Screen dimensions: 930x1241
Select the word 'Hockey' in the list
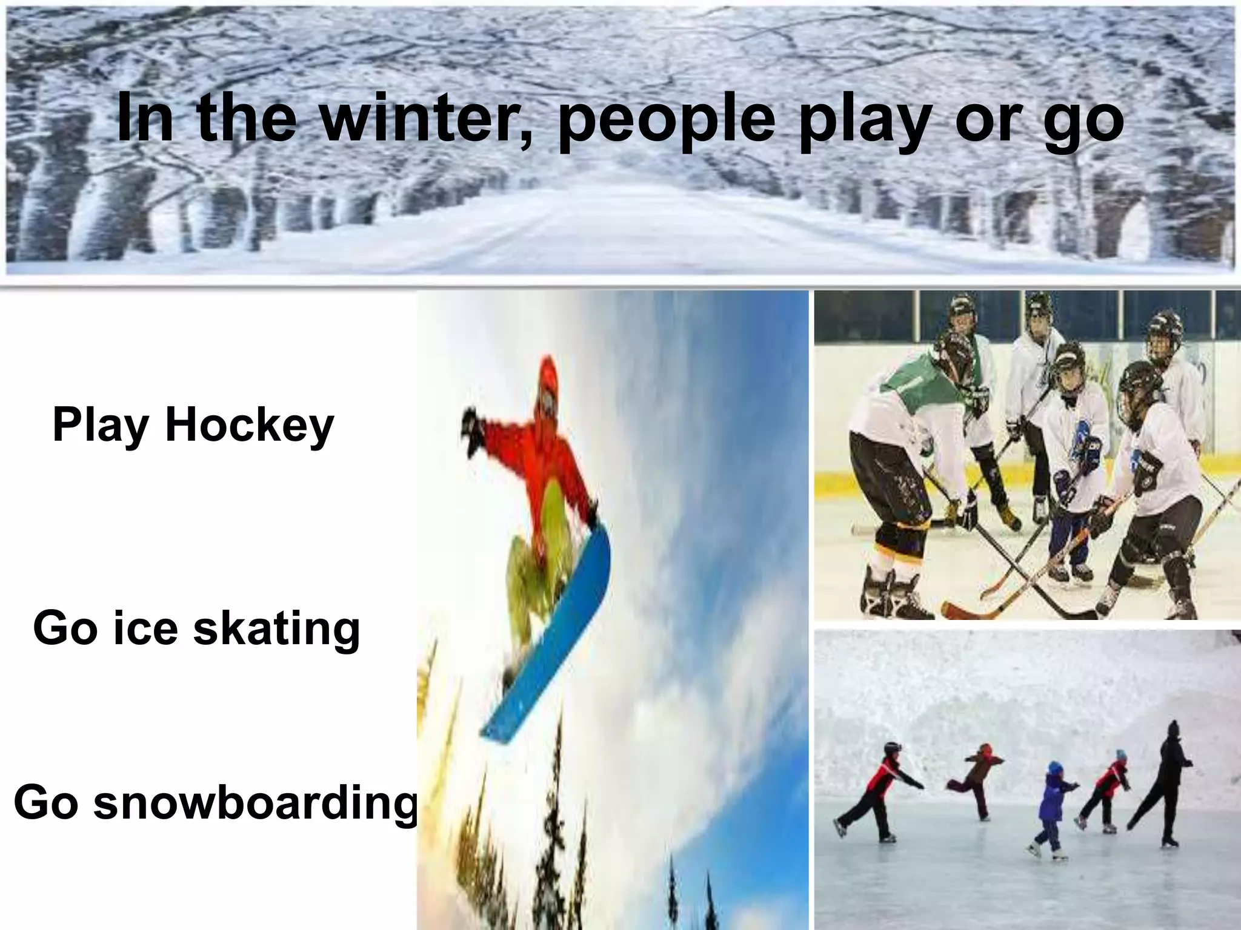coord(249,426)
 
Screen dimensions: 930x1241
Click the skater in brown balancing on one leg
coord(976,778)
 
